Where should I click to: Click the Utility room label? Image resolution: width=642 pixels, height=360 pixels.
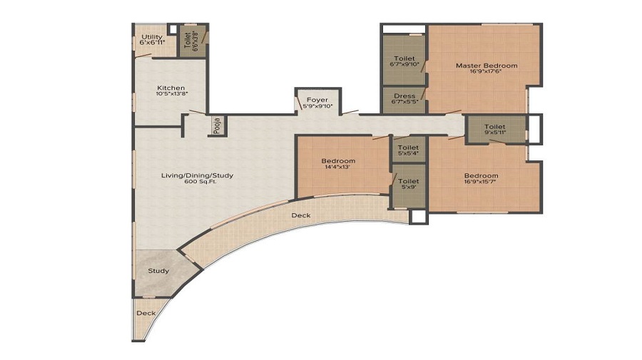coord(152,37)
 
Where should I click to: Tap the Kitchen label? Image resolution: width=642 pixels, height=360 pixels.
coord(171,88)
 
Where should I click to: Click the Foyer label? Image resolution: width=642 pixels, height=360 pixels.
coord(317,100)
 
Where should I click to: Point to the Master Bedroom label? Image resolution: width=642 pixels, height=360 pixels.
coord(486,66)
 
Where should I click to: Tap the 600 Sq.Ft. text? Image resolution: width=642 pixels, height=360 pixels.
coord(200,182)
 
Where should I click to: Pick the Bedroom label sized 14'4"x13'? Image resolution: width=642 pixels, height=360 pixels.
coord(338,161)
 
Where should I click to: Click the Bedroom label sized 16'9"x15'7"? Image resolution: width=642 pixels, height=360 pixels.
coord(481,176)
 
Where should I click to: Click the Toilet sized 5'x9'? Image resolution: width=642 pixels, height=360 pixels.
coord(408,182)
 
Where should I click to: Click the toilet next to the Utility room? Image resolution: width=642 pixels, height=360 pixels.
coord(188,41)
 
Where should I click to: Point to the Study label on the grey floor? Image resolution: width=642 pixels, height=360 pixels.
coord(158,271)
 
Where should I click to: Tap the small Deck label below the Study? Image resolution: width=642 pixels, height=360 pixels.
coord(146,313)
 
